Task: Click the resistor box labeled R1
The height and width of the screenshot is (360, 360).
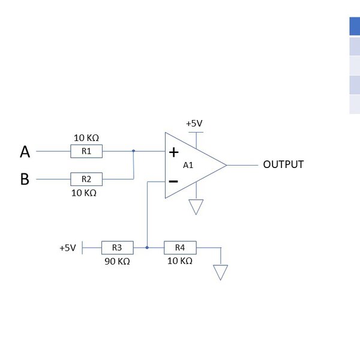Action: (x=86, y=151)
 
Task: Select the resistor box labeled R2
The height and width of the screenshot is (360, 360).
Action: (x=86, y=179)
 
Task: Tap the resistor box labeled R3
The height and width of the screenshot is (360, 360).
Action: (x=117, y=247)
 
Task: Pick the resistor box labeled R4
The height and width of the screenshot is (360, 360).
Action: (x=180, y=247)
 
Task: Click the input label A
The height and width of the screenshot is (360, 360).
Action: (x=25, y=152)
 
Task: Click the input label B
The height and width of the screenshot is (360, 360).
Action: (x=25, y=179)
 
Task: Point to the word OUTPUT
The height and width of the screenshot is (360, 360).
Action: (x=283, y=164)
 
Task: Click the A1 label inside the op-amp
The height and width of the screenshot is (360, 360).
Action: (x=188, y=165)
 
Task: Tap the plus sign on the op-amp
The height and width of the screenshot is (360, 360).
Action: (x=174, y=152)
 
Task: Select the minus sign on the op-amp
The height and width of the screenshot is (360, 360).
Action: (x=173, y=180)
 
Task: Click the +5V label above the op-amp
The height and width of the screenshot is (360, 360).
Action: (x=194, y=123)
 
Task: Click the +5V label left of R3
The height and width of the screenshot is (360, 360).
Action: (x=67, y=248)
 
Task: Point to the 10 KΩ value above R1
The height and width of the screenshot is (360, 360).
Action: (x=86, y=137)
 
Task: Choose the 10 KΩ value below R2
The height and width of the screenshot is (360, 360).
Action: (x=84, y=193)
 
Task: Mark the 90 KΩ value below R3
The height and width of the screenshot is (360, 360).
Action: (x=117, y=261)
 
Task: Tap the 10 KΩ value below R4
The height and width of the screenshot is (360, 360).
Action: (x=180, y=261)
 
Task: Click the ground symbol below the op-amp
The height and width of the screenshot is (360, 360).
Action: (x=196, y=208)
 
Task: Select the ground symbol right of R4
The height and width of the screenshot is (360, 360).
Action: (x=221, y=273)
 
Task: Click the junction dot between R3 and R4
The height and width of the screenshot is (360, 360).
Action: (x=147, y=247)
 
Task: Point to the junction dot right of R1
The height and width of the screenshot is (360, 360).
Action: (x=133, y=151)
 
